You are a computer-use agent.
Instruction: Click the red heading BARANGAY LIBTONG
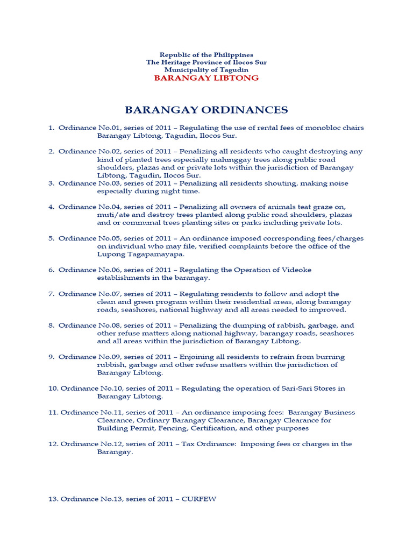206,78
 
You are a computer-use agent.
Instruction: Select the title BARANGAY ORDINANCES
206,110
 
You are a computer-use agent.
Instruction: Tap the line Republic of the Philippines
206,55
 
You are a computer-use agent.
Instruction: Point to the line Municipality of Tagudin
206,70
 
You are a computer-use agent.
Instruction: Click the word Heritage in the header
179,62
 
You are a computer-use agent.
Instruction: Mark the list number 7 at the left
51,294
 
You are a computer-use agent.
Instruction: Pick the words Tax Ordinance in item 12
208,444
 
